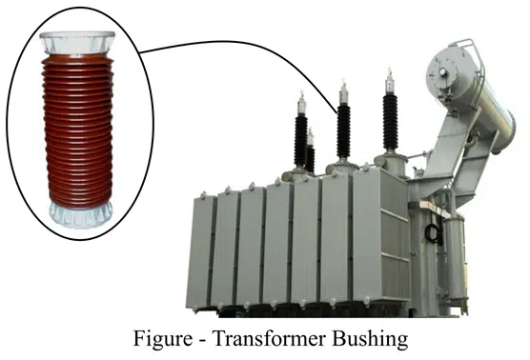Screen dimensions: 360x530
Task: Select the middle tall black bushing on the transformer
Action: point(343,130)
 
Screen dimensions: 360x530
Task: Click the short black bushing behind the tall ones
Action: point(310,153)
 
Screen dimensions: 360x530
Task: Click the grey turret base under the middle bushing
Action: point(341,167)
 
